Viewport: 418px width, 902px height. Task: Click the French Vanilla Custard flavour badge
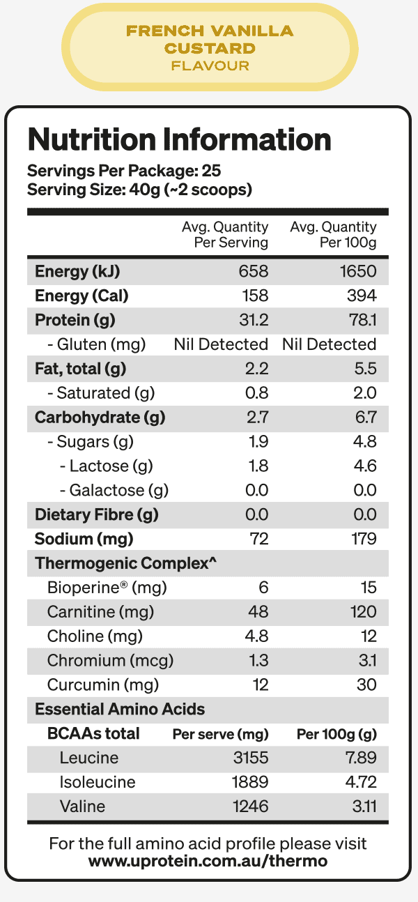point(209,48)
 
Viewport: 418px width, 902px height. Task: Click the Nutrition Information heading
point(179,139)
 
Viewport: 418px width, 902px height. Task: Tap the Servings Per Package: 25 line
point(124,171)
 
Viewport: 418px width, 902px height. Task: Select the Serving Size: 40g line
point(139,190)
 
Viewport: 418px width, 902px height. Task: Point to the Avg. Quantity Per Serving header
point(225,235)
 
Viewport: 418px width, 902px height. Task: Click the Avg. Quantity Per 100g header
point(333,235)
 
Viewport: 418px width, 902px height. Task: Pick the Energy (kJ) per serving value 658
point(254,272)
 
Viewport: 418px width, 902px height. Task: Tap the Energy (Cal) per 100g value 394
point(363,296)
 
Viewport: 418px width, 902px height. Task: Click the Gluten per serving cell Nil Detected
point(221,344)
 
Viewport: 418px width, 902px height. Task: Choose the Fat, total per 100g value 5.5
point(365,369)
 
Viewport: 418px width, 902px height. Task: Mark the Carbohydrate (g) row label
point(100,418)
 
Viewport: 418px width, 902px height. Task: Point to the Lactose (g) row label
point(106,466)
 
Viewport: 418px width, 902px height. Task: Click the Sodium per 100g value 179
point(364,539)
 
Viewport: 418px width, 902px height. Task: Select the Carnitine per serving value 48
point(258,612)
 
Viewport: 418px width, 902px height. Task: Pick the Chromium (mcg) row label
point(110,661)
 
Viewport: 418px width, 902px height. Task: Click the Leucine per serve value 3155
point(250,758)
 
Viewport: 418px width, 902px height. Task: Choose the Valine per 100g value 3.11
point(363,807)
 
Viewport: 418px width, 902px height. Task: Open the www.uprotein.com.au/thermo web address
point(208,861)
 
